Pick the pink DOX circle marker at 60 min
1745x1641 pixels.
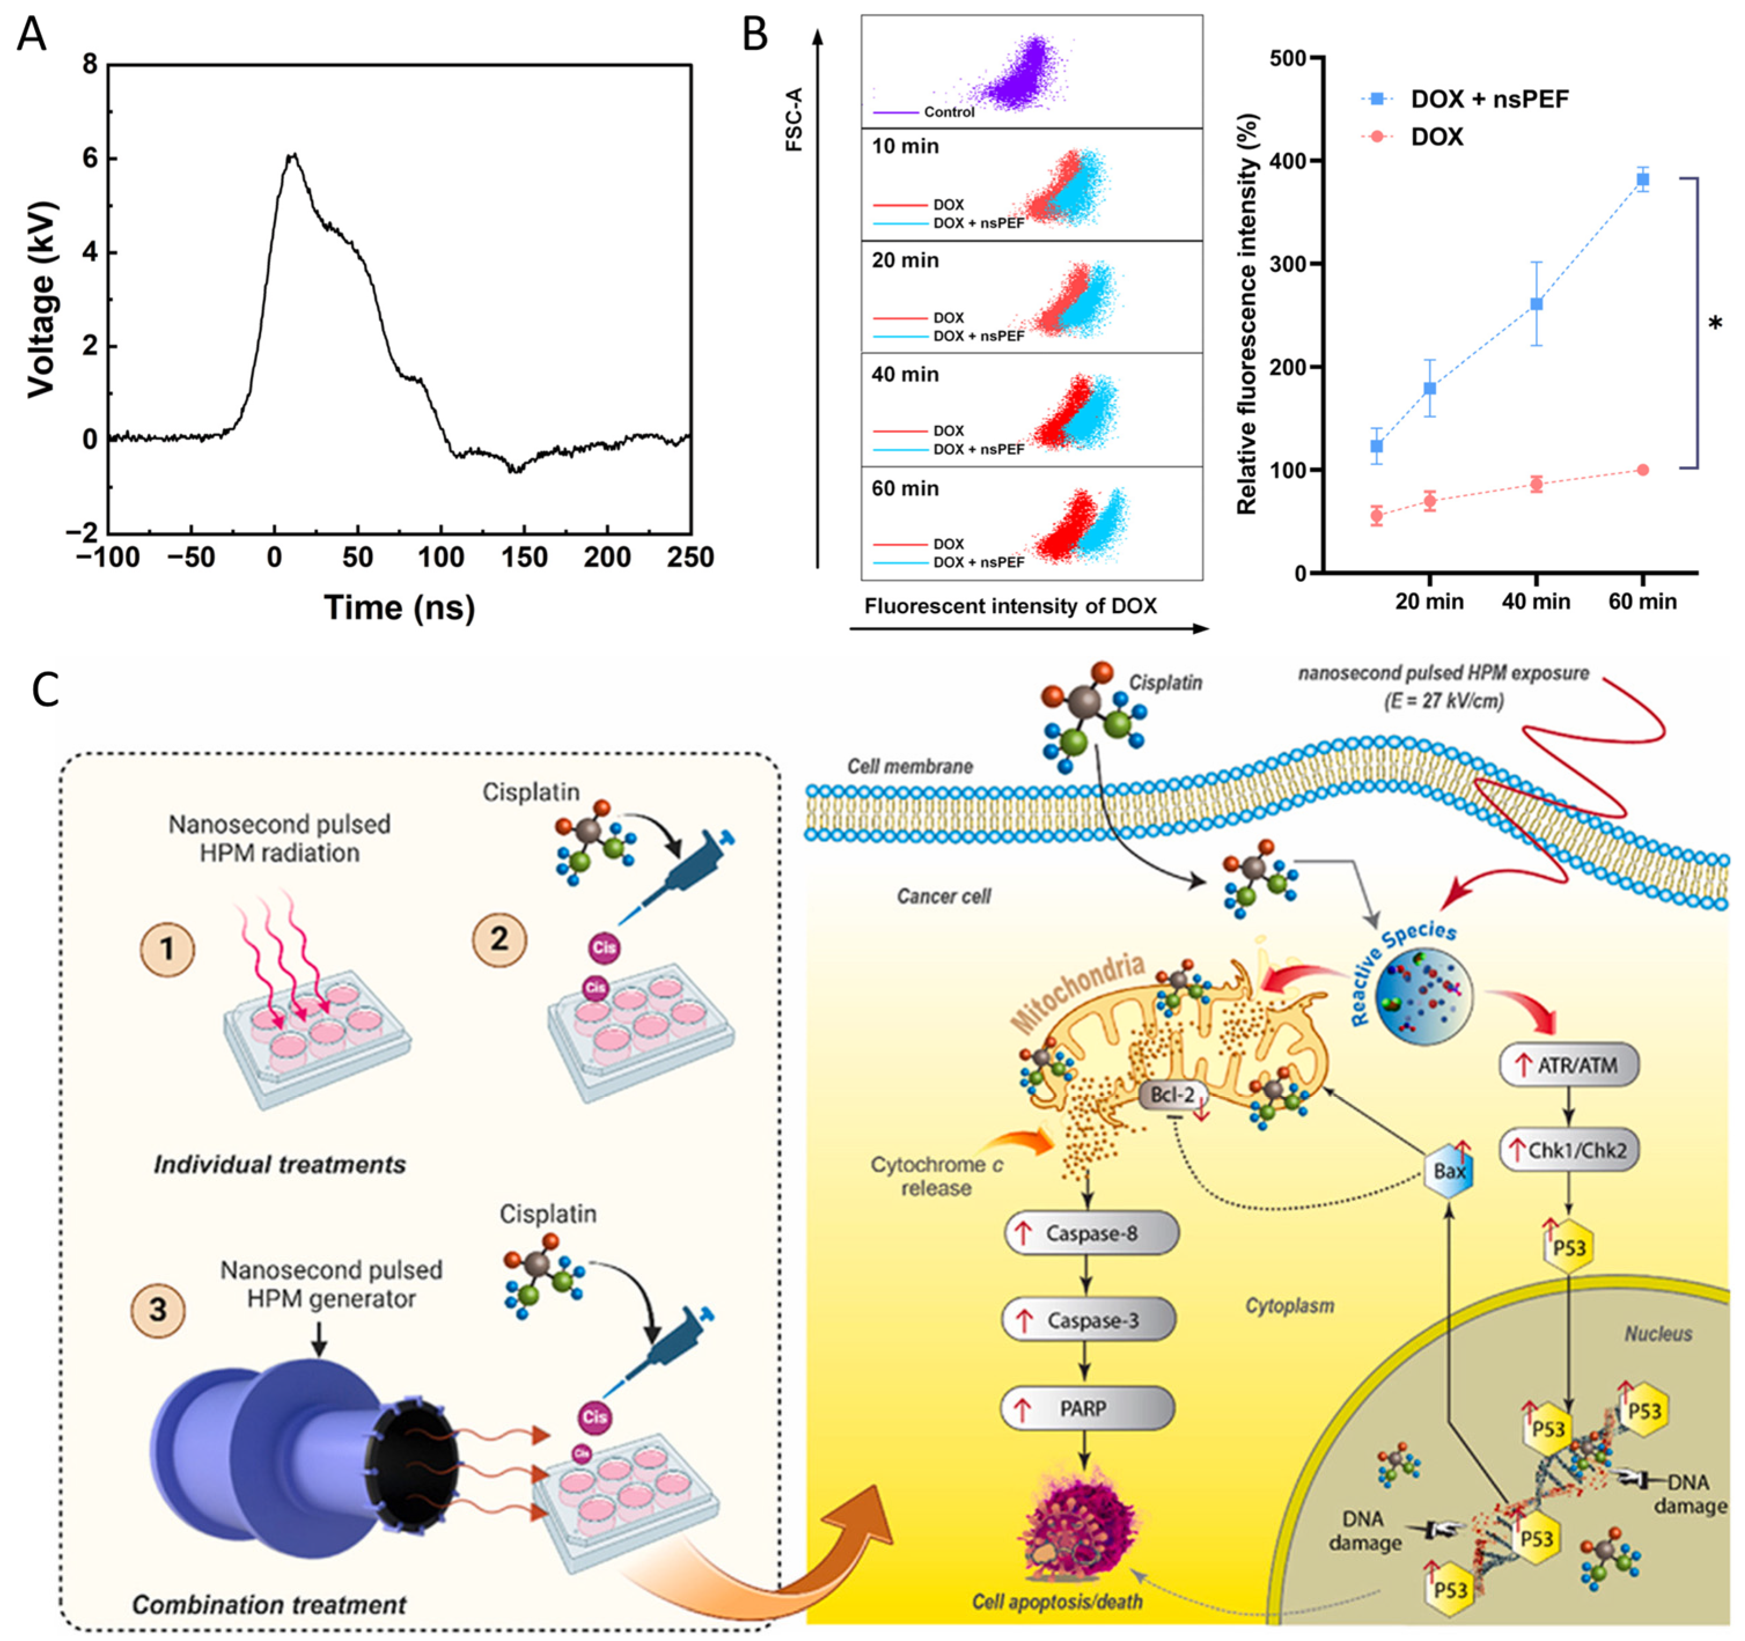(x=1642, y=470)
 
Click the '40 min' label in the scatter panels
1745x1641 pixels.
(x=905, y=375)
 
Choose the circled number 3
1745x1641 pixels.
(x=158, y=1310)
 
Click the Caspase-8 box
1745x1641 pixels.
(x=1090, y=1233)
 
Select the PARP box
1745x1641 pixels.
(x=1087, y=1408)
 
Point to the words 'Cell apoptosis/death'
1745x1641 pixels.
(x=1057, y=1602)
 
